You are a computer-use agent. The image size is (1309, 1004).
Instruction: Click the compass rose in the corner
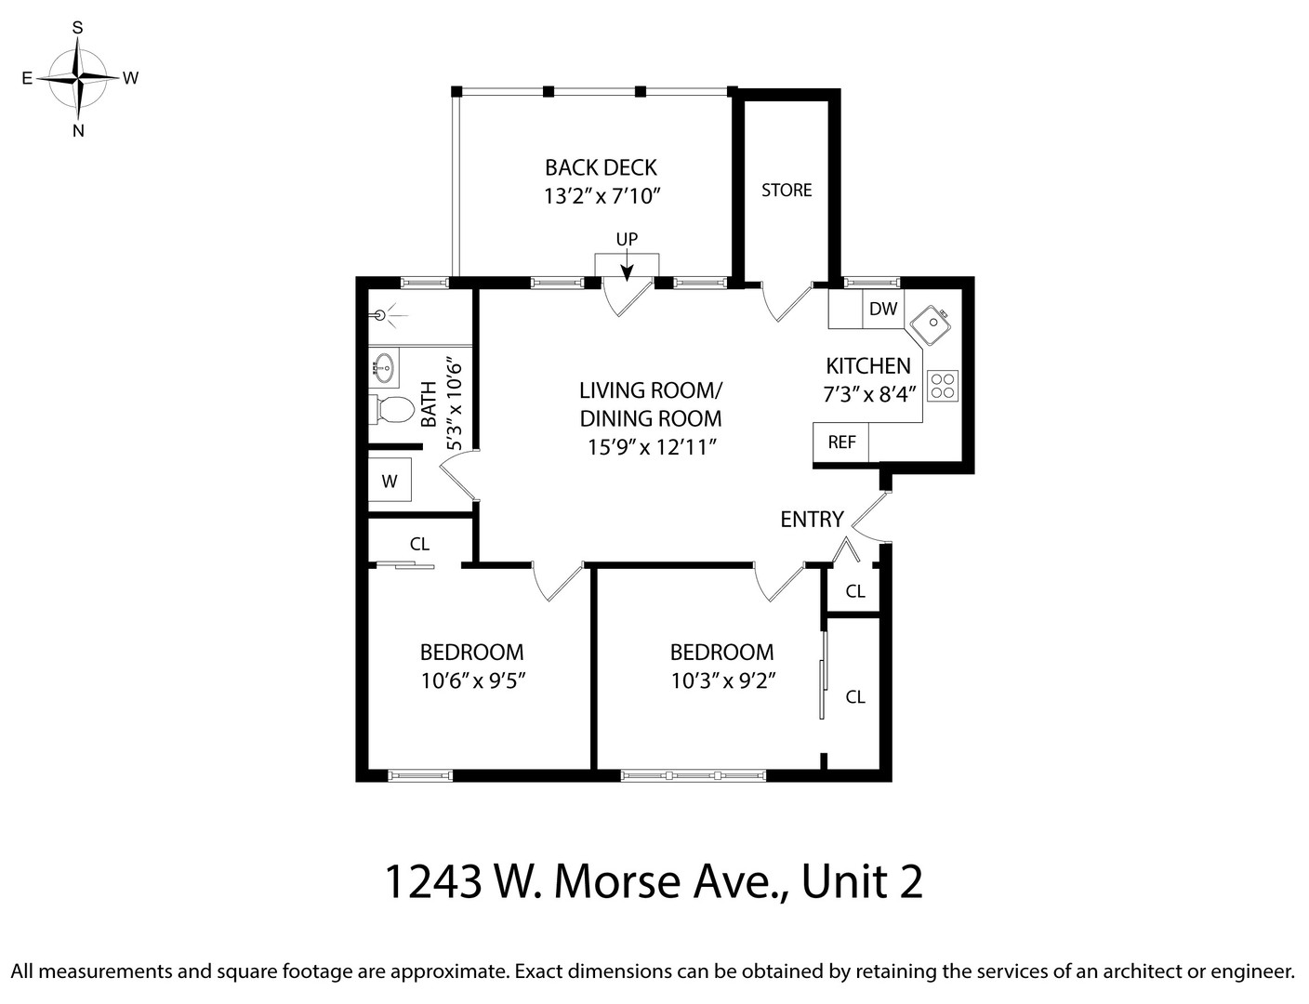pos(78,78)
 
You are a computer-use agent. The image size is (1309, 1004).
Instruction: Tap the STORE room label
pos(787,191)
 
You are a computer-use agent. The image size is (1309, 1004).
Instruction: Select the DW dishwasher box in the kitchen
pos(882,309)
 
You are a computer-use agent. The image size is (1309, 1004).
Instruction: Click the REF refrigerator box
pos(841,443)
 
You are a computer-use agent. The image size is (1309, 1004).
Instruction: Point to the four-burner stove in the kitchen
pos(942,386)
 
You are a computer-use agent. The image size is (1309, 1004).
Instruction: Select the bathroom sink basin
pos(385,369)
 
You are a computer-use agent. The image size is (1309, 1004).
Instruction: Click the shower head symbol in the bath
pos(380,315)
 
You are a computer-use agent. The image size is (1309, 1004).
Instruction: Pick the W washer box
pos(390,482)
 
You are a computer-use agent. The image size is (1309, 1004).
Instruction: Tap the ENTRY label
pos(812,520)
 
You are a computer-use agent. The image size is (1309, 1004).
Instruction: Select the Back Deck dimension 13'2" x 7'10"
pos(602,196)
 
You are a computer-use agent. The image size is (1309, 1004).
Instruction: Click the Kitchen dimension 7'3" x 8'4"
pos(869,394)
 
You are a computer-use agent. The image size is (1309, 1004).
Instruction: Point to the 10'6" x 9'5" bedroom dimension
pos(472,680)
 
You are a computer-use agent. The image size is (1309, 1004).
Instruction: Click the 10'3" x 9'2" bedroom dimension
pos(722,680)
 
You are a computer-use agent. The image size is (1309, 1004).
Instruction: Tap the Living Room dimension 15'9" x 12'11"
pos(650,447)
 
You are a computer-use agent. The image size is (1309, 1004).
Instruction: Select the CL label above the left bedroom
pos(419,544)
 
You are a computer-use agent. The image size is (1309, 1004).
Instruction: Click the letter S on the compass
pos(78,28)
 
